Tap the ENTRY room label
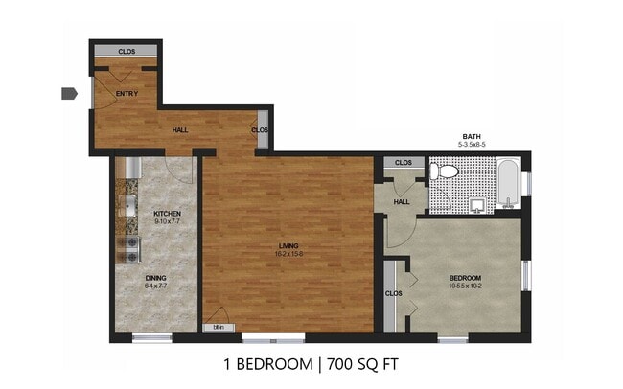point(127,93)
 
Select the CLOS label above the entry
point(127,51)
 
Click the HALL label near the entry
point(179,128)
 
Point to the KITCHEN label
point(168,213)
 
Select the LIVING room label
point(287,245)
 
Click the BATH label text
point(473,136)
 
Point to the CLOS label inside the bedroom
point(393,293)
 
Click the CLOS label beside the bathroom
point(404,163)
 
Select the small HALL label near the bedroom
point(403,201)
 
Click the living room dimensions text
point(287,254)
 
